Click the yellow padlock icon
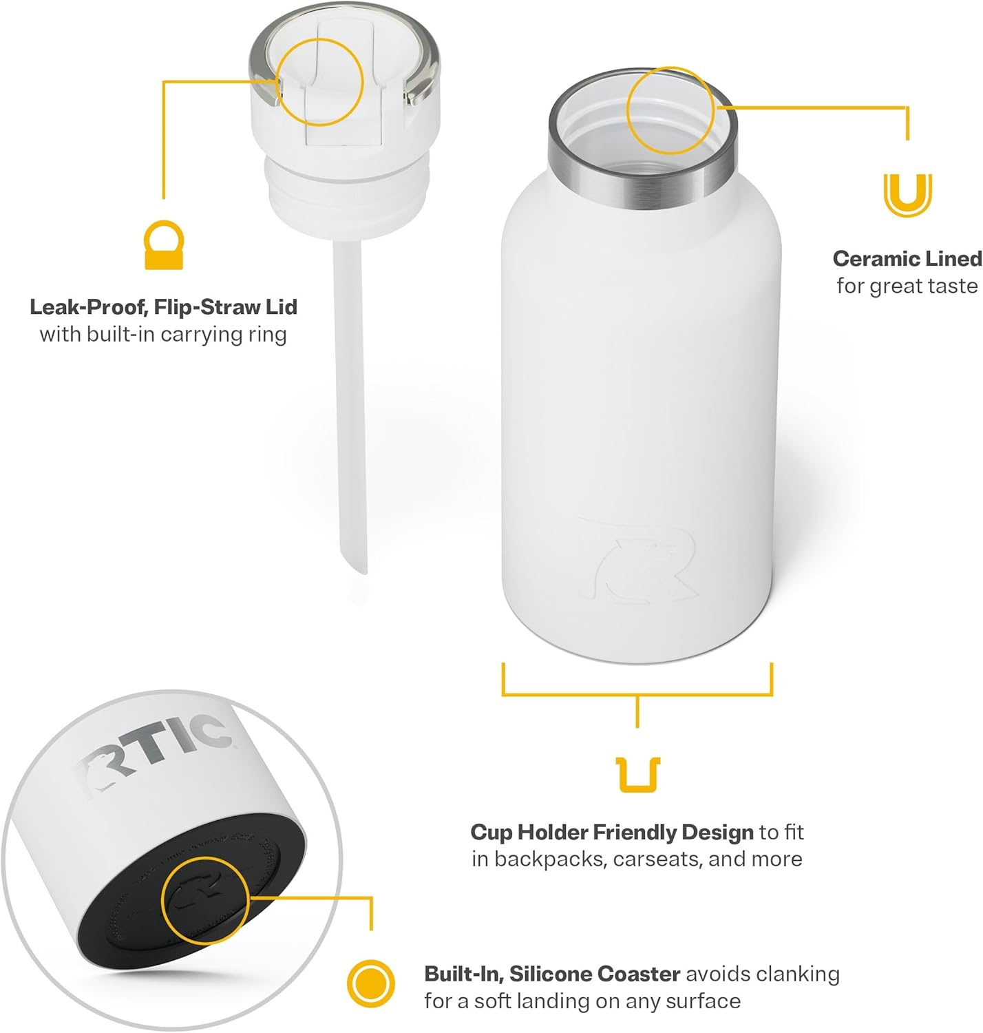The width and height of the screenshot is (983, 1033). pos(164,246)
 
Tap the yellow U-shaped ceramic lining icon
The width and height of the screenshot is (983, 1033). pos(907,195)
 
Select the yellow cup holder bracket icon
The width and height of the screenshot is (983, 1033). pos(638,775)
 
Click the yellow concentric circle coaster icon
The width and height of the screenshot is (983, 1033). pos(371,983)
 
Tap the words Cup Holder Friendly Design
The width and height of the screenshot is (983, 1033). pos(612,833)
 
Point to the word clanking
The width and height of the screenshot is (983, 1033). pos(798,974)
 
